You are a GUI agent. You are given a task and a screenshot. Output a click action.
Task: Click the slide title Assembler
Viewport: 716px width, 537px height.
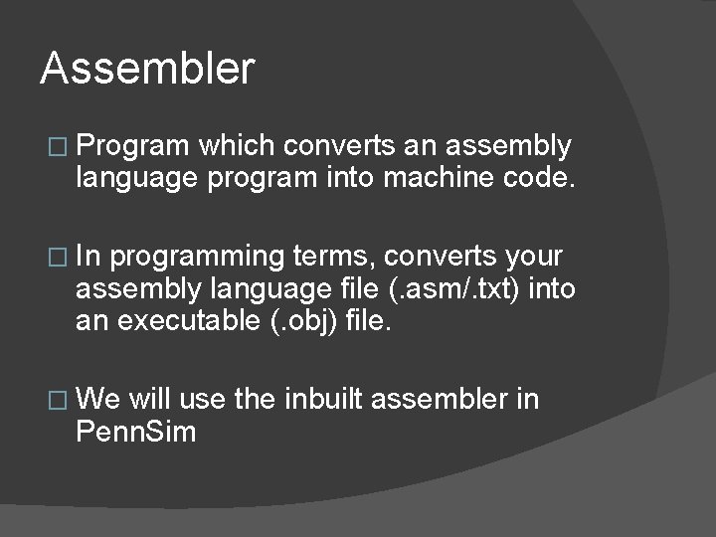[147, 70]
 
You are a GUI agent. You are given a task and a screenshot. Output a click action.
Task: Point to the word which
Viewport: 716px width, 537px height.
[237, 147]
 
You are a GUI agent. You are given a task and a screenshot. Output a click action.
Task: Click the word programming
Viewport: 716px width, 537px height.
[197, 258]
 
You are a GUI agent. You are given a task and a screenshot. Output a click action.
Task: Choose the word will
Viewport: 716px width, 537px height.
[150, 400]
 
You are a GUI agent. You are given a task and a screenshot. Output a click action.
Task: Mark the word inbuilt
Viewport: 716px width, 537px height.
[325, 400]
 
